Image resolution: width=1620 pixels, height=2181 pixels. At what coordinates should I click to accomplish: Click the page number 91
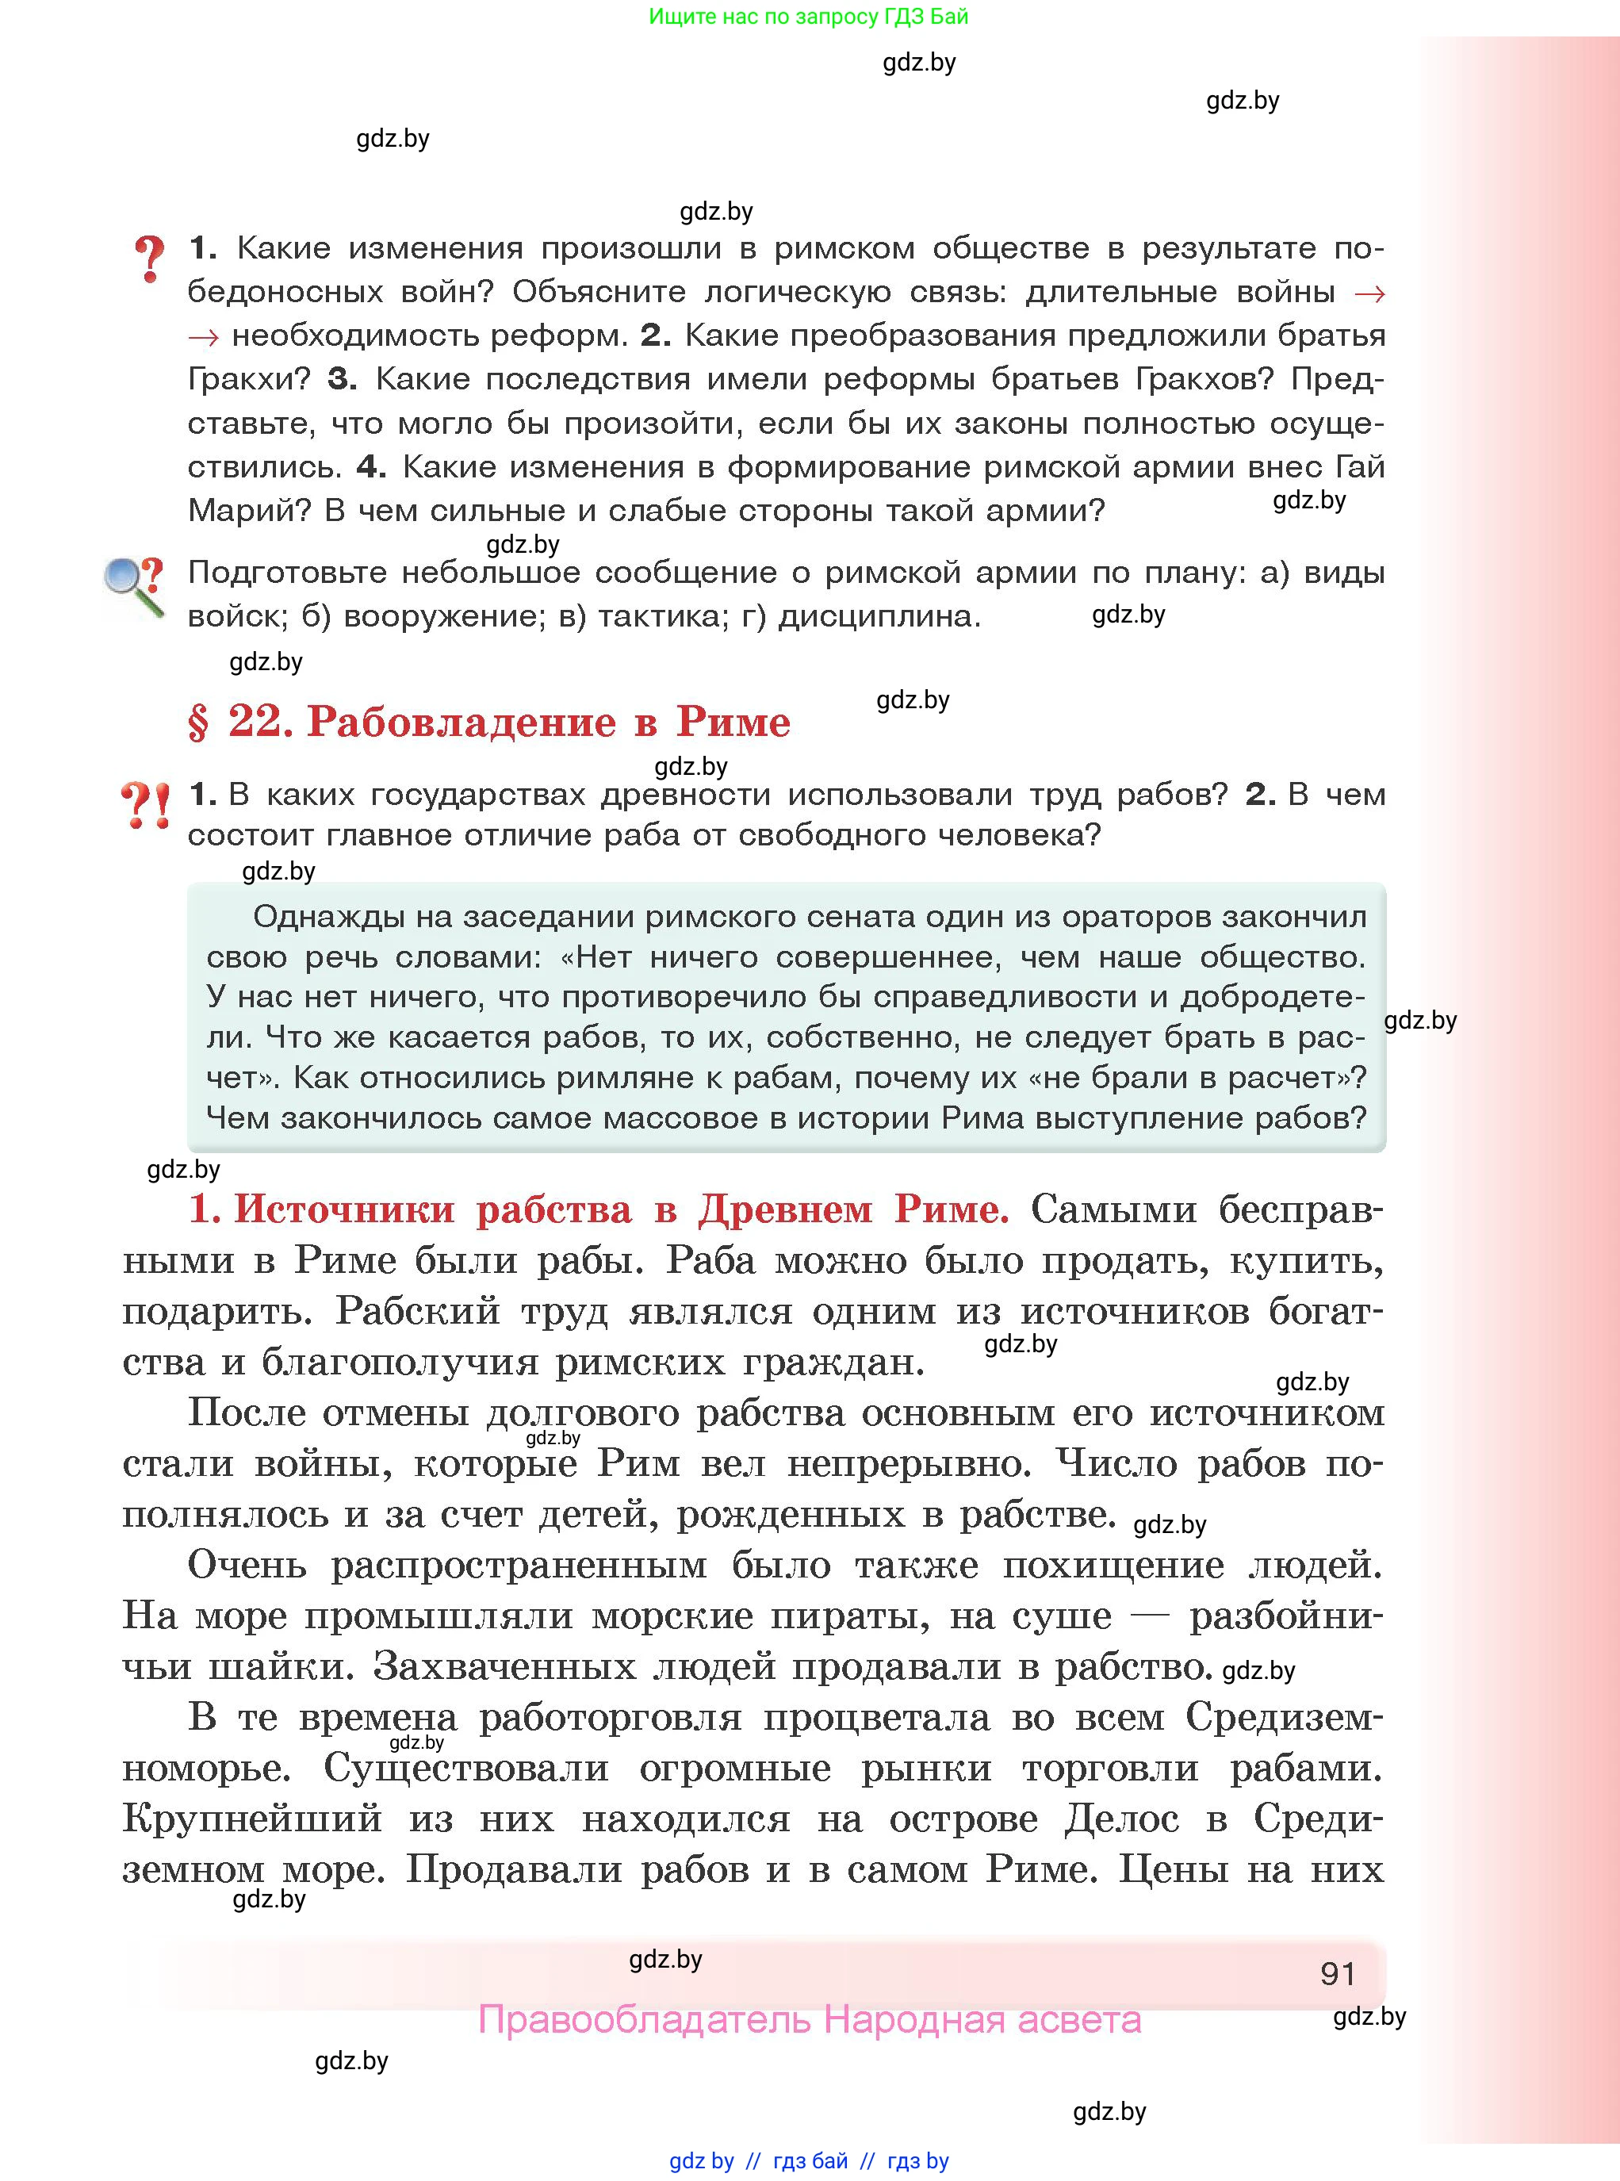pos(1338,1973)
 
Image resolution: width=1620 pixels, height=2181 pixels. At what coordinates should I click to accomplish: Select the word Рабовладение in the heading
pos(461,722)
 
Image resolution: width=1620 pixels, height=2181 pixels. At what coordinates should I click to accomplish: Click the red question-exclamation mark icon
pos(145,804)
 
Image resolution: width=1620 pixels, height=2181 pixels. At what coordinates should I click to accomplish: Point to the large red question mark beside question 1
pos(149,260)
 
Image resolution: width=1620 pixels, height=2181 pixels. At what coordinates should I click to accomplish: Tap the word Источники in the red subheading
pos(343,1209)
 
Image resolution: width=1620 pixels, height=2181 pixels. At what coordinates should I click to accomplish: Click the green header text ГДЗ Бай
pos(925,17)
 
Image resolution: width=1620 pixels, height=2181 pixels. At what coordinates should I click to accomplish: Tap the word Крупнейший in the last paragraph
pos(252,1819)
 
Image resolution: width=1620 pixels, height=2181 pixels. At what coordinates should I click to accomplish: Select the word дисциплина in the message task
pos(879,617)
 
